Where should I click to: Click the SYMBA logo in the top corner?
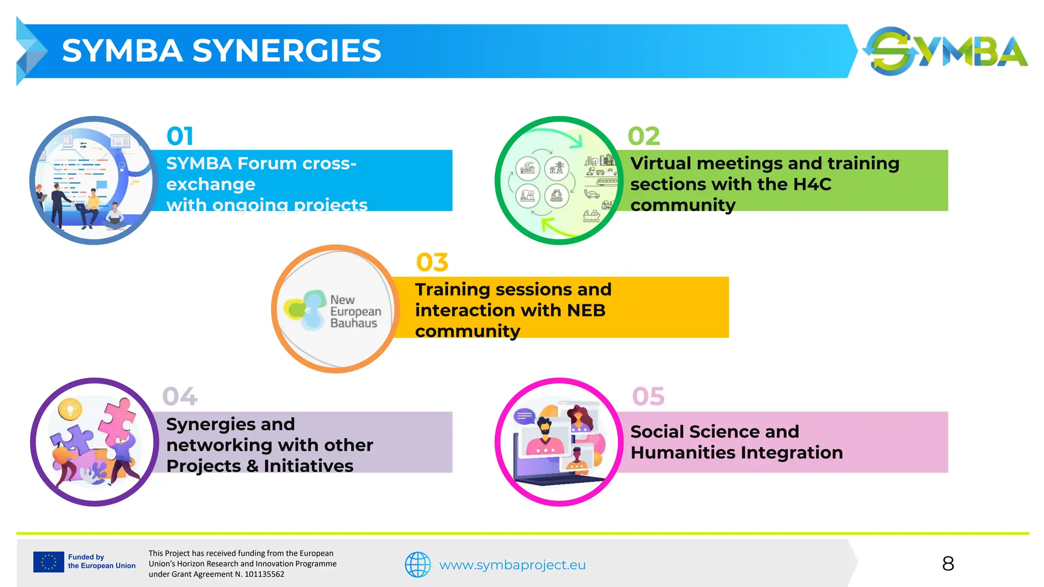946,51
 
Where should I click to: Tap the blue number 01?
180,136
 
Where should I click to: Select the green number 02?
644,136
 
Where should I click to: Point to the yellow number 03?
432,262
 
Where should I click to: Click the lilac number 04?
179,396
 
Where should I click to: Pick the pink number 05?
648,396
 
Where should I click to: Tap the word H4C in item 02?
812,184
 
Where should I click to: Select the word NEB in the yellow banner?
586,310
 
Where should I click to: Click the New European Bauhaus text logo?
355,311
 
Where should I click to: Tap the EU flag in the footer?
48,562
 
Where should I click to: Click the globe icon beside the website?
417,565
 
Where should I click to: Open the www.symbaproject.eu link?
512,565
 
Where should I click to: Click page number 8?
948,564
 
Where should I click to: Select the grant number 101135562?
264,574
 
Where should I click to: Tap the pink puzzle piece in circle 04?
119,418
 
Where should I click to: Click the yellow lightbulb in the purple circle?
70,409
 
